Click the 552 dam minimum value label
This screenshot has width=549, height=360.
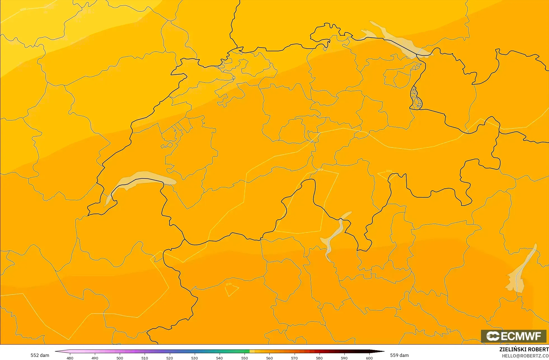tap(40, 355)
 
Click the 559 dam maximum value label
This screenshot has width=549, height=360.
tap(399, 355)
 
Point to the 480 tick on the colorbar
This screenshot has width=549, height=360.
tap(70, 358)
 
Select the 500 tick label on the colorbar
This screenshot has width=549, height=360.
tap(120, 358)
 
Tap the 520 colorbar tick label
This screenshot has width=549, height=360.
tap(170, 358)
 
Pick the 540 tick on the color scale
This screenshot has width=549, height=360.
tap(219, 358)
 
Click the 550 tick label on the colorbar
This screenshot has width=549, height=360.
tap(245, 358)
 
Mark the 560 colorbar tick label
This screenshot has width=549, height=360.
tap(269, 358)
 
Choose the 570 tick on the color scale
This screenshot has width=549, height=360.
tap(294, 358)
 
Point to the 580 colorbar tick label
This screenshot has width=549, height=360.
tap(319, 358)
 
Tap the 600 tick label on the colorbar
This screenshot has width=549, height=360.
tap(369, 358)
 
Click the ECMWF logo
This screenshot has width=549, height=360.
tap(513, 336)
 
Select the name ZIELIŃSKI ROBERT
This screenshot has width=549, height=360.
tap(524, 349)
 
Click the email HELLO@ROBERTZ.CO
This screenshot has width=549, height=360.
tap(525, 356)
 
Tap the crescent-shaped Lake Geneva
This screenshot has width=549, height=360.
tap(140, 178)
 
